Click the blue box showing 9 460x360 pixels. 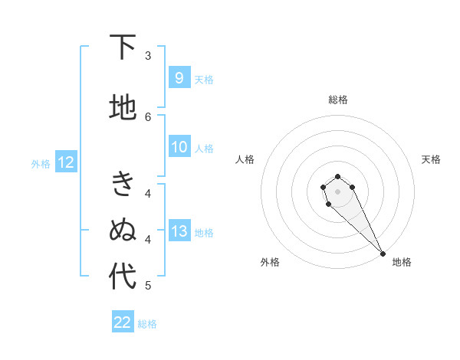click(179, 77)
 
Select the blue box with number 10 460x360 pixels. click(179, 147)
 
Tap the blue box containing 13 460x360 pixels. click(179, 231)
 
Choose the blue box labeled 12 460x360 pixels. click(65, 162)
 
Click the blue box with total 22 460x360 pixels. click(123, 322)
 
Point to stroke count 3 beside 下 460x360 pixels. click(148, 56)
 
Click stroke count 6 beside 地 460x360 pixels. click(148, 116)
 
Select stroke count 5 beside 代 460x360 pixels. click(148, 285)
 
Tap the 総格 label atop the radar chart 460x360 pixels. click(338, 100)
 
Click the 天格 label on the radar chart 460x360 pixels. click(431, 159)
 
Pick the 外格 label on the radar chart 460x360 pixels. click(270, 262)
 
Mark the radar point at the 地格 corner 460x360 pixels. click(383, 254)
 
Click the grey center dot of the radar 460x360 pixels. click(337, 191)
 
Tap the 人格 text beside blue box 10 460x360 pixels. click(204, 148)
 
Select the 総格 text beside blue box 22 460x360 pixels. click(147, 323)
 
